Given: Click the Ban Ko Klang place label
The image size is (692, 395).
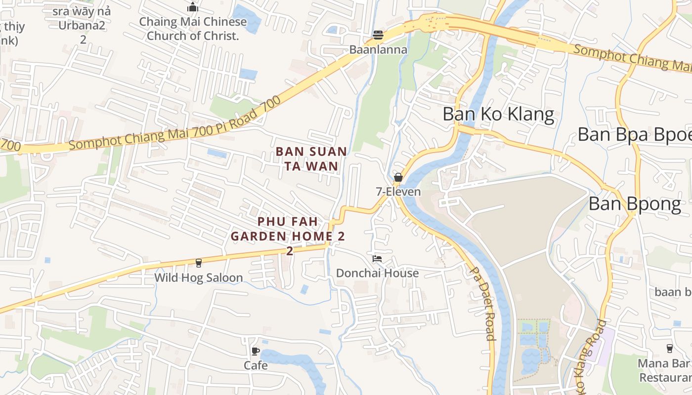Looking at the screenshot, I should click(x=498, y=114).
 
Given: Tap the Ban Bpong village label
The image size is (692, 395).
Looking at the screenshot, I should click(x=635, y=204).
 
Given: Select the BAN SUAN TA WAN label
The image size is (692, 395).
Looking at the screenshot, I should click(x=311, y=158).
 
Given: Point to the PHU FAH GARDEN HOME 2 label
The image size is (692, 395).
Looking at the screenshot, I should click(x=288, y=236).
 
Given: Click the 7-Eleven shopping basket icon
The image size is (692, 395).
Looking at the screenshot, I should click(x=398, y=177).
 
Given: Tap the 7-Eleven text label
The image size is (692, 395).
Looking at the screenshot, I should click(x=398, y=192).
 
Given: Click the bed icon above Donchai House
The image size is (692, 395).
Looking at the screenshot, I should click(x=377, y=258).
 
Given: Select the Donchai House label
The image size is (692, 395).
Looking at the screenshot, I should click(x=377, y=273).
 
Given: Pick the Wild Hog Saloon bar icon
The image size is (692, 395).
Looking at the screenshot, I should click(x=199, y=263).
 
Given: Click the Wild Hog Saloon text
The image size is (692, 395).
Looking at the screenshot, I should click(x=199, y=277).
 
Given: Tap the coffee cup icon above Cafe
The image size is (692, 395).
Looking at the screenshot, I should click(x=256, y=351).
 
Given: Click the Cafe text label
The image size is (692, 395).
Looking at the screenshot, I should click(x=256, y=365).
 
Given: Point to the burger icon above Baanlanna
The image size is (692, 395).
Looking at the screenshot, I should click(x=378, y=35).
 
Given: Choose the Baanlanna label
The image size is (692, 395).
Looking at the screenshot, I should click(x=378, y=49).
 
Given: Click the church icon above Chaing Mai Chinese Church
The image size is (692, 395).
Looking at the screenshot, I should click(x=193, y=7).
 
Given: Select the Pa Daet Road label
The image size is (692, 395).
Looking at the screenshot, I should click(x=482, y=304).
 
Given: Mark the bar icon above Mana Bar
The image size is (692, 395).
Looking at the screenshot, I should click(x=670, y=349).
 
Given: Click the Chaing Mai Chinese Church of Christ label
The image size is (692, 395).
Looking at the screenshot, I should click(x=193, y=29).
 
